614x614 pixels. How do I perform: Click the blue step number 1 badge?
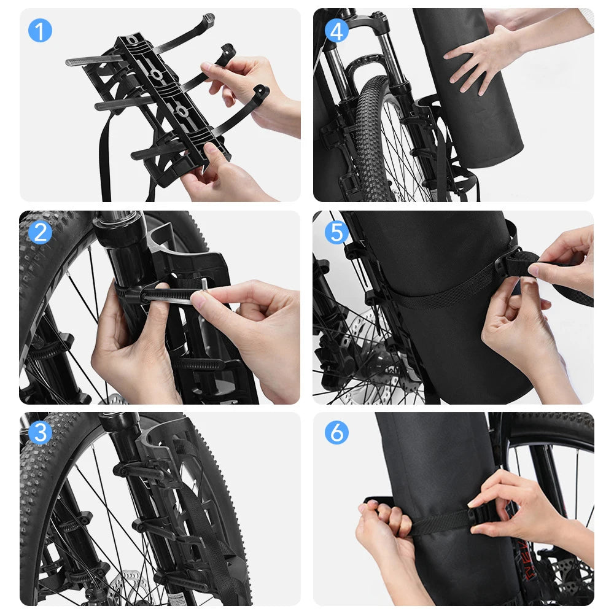pyautogui.click(x=40, y=30)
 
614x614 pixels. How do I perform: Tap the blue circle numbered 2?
pyautogui.click(x=40, y=233)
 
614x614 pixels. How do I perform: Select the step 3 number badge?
pyautogui.click(x=40, y=433)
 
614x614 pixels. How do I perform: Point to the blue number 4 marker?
pyautogui.click(x=336, y=30)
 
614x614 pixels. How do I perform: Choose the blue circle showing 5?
pyautogui.click(x=336, y=233)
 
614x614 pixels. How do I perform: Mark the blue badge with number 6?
pyautogui.click(x=336, y=433)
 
